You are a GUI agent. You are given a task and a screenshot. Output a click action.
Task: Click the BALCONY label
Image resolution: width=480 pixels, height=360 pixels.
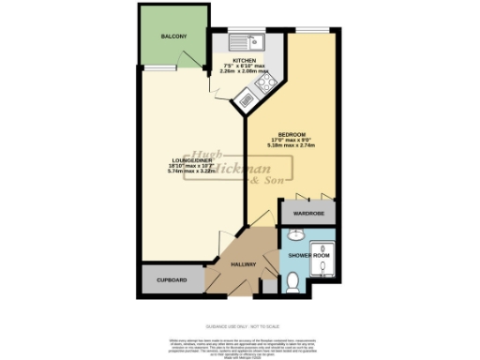click(x=172, y=37)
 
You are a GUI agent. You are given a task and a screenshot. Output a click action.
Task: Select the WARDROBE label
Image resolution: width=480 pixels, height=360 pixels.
click(x=307, y=214)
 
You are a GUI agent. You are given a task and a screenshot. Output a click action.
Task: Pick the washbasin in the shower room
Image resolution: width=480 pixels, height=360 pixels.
click(x=291, y=236)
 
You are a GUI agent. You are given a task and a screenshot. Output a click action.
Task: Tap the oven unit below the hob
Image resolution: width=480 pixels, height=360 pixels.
click(x=247, y=95)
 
